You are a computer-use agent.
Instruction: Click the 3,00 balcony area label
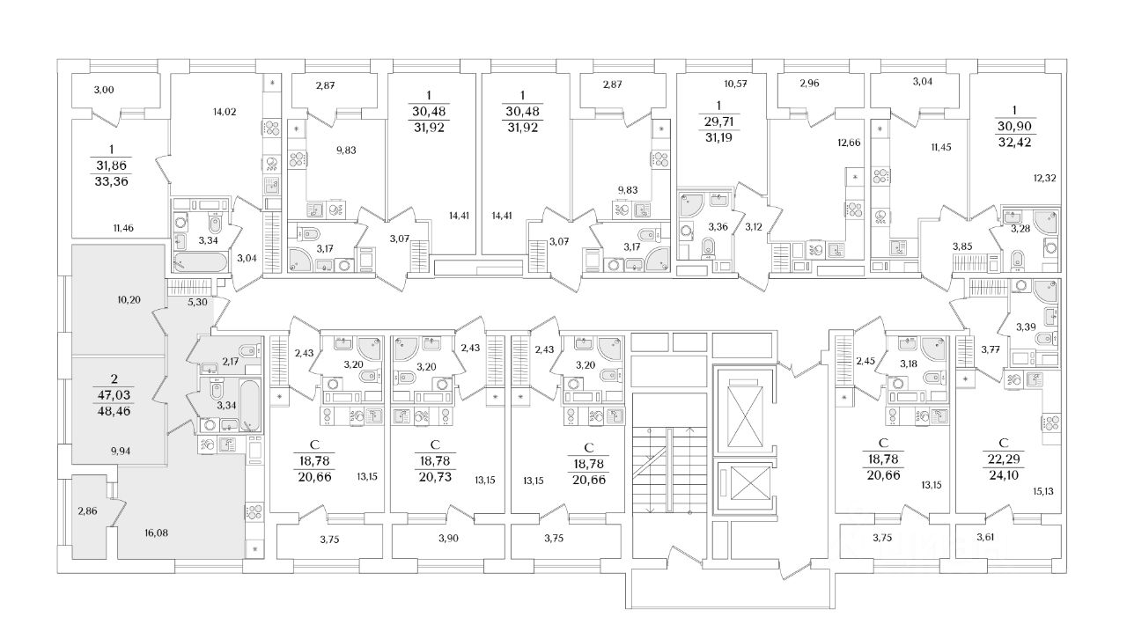pos(105,88)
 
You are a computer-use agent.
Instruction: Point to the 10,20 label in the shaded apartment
pos(129,299)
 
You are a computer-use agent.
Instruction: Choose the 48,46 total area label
pos(114,410)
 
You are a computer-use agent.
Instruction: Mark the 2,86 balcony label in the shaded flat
pos(87,510)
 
